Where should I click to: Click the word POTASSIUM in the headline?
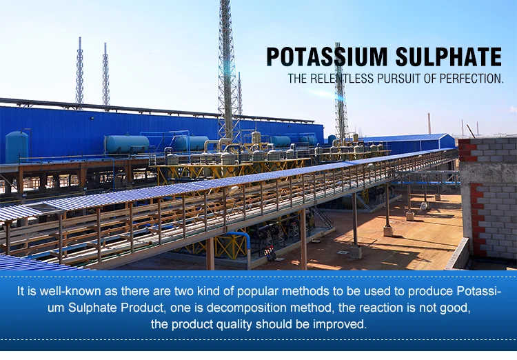tap(327, 57)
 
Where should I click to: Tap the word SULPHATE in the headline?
tap(449, 57)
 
